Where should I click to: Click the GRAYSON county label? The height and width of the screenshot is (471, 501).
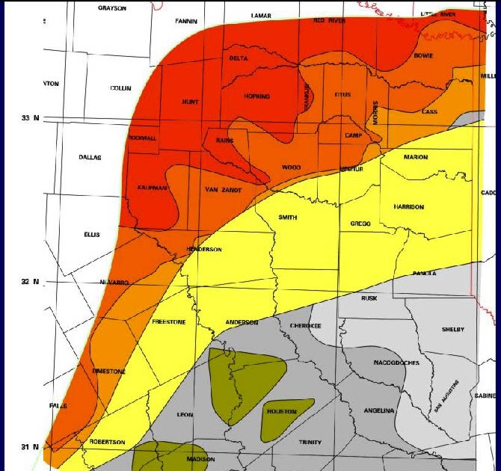pos(112,8)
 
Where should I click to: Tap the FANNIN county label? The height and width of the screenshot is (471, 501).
pos(185,21)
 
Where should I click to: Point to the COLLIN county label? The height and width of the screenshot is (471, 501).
pos(120,88)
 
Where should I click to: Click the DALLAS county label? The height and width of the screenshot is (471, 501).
pos(90,158)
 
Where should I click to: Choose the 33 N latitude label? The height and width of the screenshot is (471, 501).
pos(30,118)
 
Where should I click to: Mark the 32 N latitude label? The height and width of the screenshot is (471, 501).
pos(30,282)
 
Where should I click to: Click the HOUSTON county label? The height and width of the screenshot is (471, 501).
pos(281,412)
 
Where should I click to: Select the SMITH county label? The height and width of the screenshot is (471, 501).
pos(288,217)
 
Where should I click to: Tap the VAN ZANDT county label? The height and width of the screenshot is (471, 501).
pos(223,190)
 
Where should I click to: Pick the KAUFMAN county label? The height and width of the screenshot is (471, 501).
pos(152,188)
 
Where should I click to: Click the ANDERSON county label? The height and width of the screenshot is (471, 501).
pos(242,322)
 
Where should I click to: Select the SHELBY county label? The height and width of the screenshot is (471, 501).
pos(453,330)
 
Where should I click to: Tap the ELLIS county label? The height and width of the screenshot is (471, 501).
pos(91,235)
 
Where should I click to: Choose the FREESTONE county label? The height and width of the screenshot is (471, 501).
pos(169,322)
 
